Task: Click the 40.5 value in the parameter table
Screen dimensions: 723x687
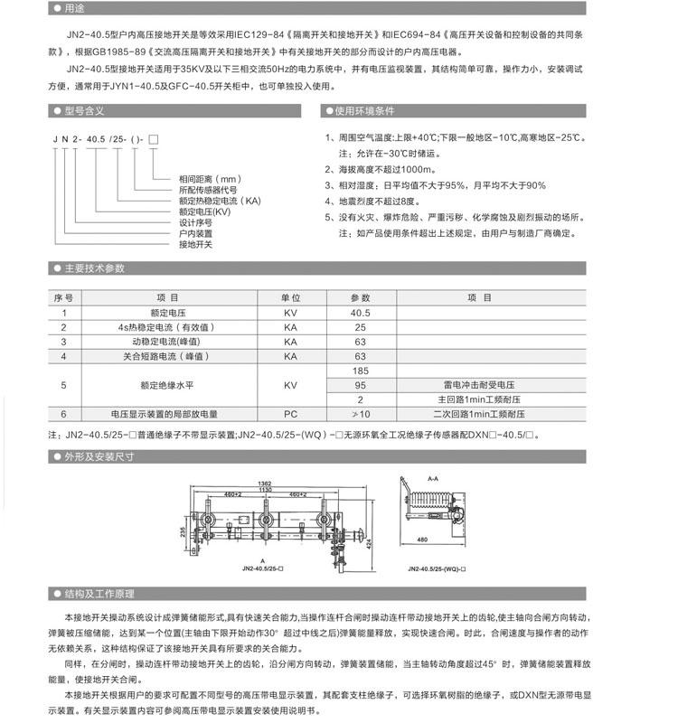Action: (361, 312)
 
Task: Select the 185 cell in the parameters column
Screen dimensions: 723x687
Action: (361, 371)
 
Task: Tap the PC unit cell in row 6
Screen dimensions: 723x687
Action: (290, 413)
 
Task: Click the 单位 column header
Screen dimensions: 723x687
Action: (290, 297)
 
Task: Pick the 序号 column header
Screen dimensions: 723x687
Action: (63, 297)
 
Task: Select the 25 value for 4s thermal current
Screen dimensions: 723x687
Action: (361, 326)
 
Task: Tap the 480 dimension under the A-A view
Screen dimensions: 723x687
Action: (423, 540)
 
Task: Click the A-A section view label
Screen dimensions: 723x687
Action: (431, 478)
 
